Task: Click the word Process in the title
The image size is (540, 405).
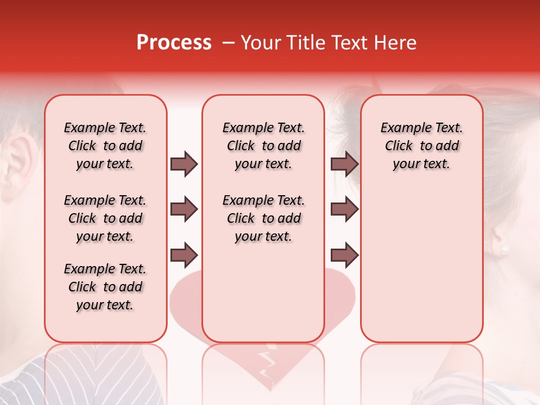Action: click(174, 43)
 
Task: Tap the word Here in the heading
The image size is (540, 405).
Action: click(396, 43)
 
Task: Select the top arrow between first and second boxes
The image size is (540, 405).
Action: click(184, 164)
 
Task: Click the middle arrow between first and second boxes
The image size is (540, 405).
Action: click(184, 210)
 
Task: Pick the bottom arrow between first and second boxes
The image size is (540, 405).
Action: click(184, 255)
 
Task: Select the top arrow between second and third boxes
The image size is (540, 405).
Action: click(344, 164)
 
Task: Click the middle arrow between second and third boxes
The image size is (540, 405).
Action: click(344, 210)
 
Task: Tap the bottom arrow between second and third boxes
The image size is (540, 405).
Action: click(344, 255)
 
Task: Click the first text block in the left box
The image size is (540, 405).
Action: click(105, 146)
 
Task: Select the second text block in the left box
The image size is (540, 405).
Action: click(105, 218)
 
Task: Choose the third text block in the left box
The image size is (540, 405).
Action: click(105, 287)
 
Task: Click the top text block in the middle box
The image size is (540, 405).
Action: click(263, 146)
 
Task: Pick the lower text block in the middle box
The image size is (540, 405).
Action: click(263, 218)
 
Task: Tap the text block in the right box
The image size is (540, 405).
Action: click(421, 146)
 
